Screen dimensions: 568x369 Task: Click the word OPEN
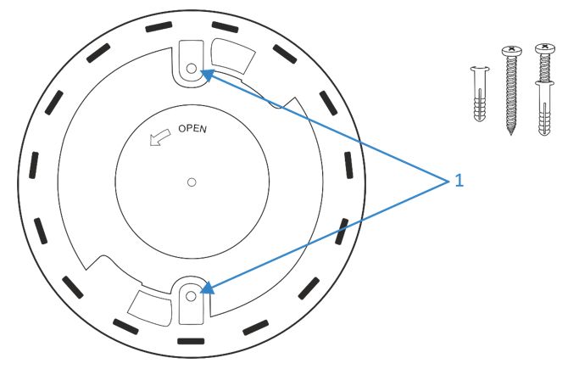coord(192,129)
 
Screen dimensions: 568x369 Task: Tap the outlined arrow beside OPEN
coord(159,137)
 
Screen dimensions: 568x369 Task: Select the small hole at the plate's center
coord(192,182)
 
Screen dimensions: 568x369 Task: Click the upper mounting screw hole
coord(192,68)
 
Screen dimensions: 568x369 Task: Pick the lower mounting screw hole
coord(191,297)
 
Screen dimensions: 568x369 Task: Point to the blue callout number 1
coord(459,180)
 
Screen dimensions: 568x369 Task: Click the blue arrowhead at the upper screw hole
coord(207,75)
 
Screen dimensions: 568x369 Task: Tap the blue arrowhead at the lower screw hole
coord(207,288)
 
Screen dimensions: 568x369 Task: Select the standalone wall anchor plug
coord(480,93)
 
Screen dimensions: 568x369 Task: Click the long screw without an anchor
coord(511,90)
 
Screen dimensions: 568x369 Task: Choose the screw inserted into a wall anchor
coord(545,89)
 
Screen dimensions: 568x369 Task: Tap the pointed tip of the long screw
coord(511,133)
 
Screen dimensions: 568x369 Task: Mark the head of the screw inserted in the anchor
coord(545,48)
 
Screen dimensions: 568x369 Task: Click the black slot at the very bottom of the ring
coord(191,341)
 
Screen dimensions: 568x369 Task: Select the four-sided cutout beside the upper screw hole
coord(233,56)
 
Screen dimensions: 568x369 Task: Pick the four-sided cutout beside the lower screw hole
coord(149,307)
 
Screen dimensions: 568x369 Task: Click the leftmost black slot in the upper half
coord(34,165)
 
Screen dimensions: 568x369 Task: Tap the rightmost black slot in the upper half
coord(348,165)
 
